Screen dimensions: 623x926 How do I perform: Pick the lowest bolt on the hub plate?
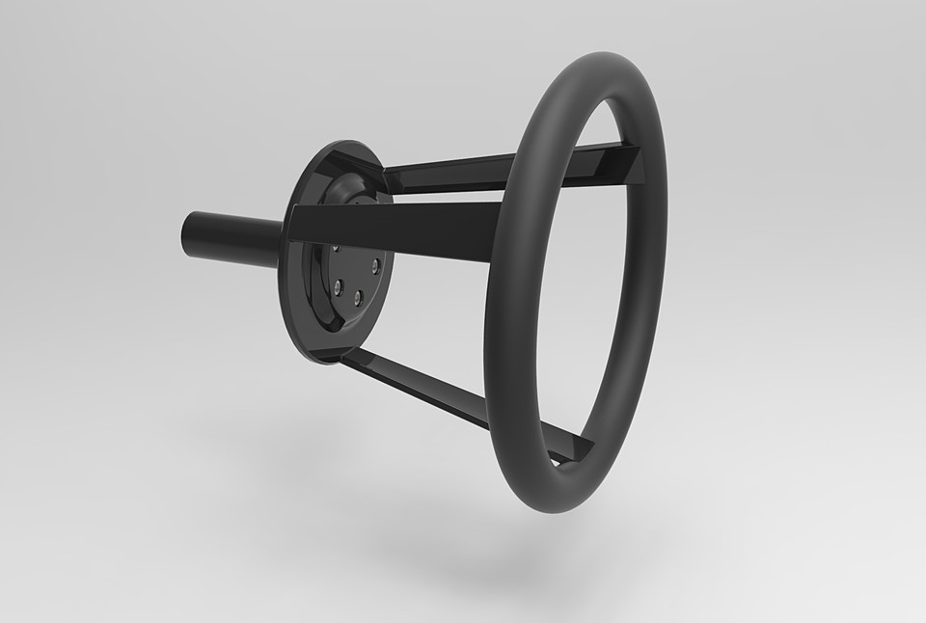coord(358,299)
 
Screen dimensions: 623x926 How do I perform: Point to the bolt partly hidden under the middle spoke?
coord(336,248)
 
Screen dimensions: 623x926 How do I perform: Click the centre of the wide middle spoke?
coord(395,231)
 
